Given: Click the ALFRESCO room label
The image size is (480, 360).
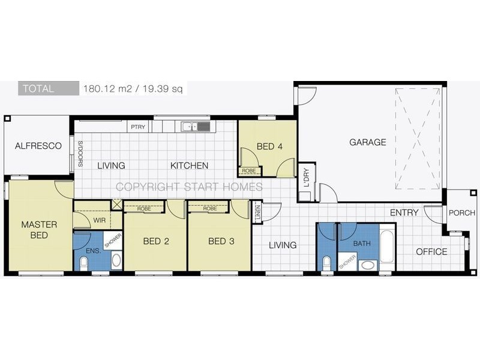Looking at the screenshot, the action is tap(38, 146).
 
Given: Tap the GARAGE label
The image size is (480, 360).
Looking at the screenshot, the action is tap(368, 142).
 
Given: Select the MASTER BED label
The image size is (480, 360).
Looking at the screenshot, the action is tap(39, 230).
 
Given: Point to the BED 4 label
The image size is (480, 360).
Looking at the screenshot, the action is tap(269, 146).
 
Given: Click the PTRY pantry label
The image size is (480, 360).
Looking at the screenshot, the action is tap(138, 127).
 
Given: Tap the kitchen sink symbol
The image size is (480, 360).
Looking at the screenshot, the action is tap(196, 126).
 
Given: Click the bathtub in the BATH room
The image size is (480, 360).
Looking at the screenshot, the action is tap(387, 247).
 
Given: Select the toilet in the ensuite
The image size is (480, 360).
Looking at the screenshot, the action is tap(83, 263).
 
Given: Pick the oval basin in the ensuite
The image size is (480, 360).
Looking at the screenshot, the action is tap(116, 260).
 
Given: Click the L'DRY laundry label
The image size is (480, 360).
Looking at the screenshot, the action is tap(307, 178).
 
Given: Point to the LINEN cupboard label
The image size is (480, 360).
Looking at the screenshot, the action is tap(258, 212).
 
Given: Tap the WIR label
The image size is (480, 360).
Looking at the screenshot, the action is tap(100, 220).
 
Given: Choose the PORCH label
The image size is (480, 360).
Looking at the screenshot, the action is tap(462, 213).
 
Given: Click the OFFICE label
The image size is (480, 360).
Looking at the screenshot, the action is tap(431, 251).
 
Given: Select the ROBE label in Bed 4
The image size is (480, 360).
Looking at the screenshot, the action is tap(249, 171).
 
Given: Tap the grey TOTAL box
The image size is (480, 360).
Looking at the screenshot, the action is tap(49, 88).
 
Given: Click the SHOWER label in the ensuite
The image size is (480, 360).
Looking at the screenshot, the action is tap(113, 241).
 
